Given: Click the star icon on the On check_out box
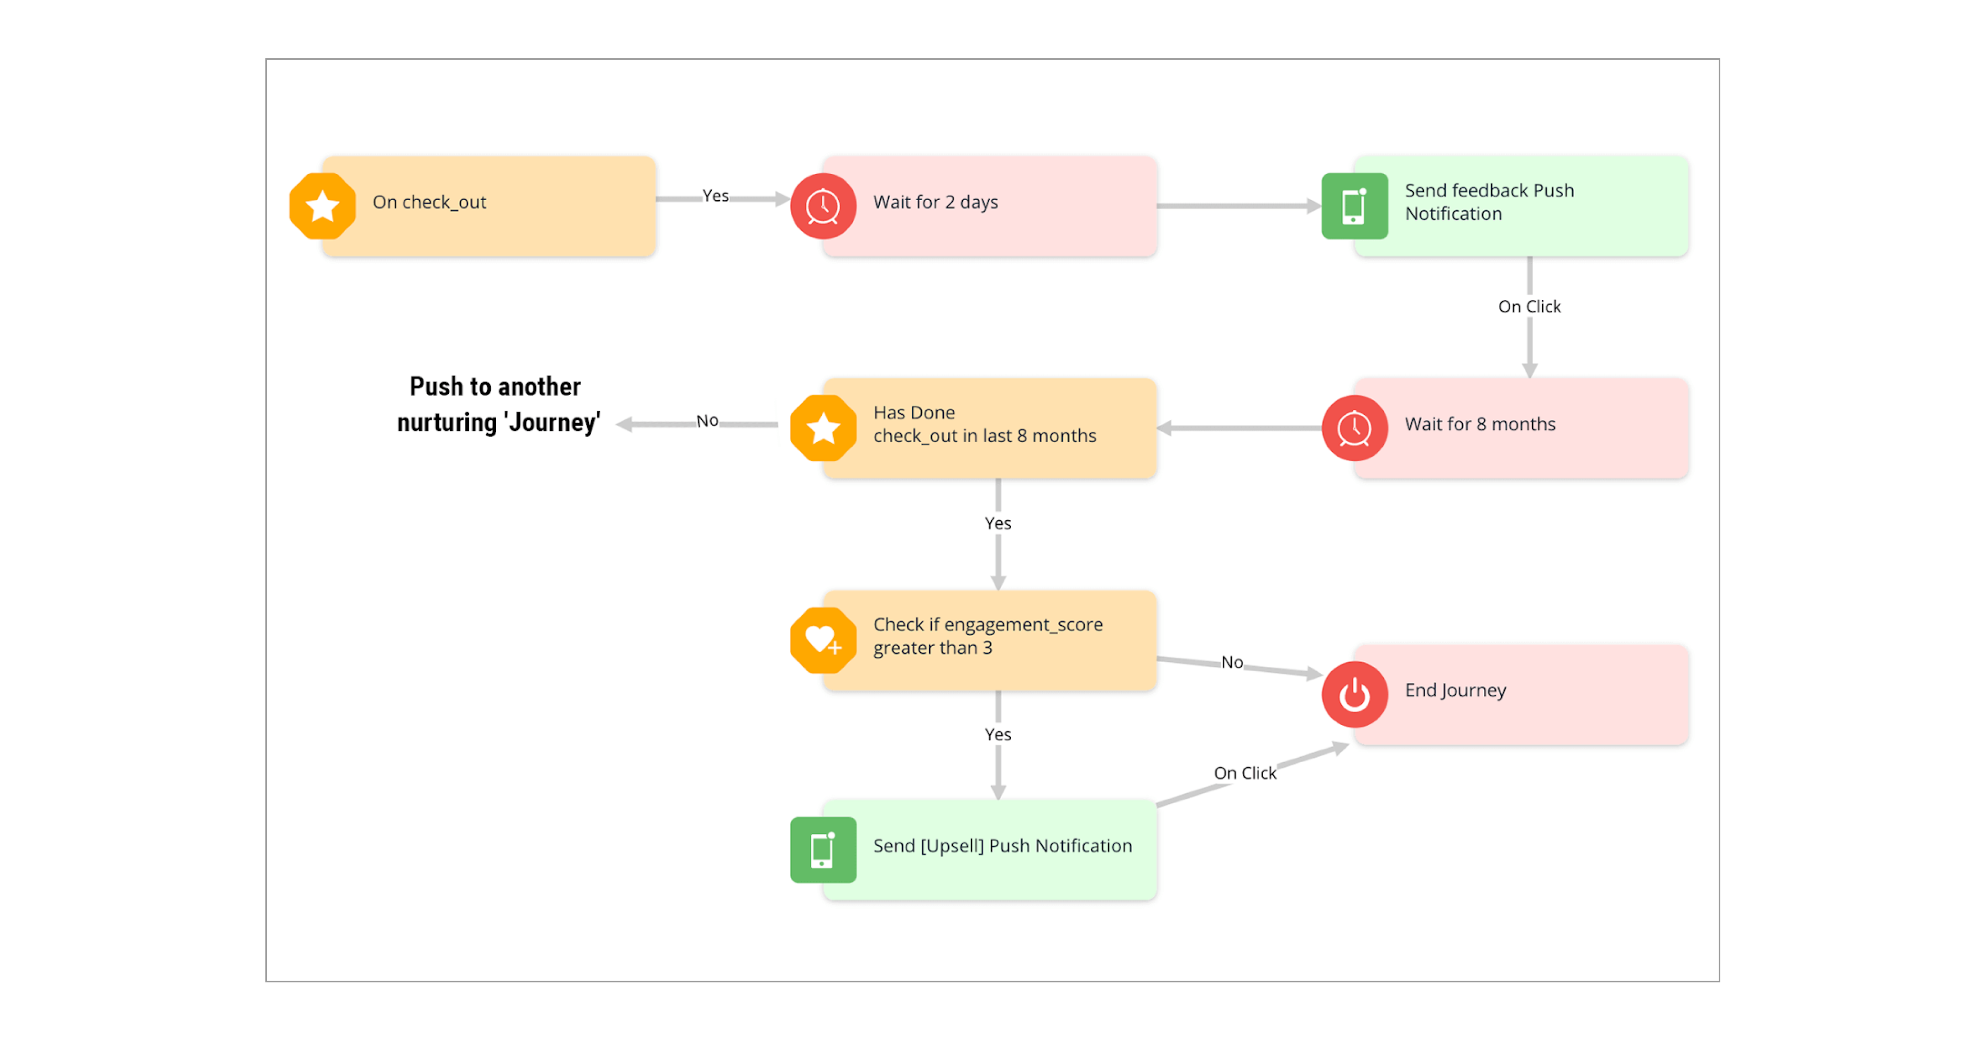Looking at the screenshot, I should (x=322, y=206).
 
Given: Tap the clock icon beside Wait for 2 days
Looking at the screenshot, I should (x=823, y=206).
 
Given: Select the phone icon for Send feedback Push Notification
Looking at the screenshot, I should (x=1354, y=206).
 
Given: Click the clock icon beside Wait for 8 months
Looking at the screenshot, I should (x=1354, y=428).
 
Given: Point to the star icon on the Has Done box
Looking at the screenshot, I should (x=823, y=428).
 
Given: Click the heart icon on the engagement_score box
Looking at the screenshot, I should (x=823, y=640).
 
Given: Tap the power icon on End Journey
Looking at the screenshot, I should (x=1354, y=694).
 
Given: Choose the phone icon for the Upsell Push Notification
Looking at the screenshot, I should (x=823, y=850).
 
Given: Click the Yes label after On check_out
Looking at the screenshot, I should (x=715, y=196).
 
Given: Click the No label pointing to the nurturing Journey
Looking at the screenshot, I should (x=707, y=421).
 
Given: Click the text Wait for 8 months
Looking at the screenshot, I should (x=1480, y=424).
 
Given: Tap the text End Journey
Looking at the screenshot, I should (x=1455, y=690).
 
